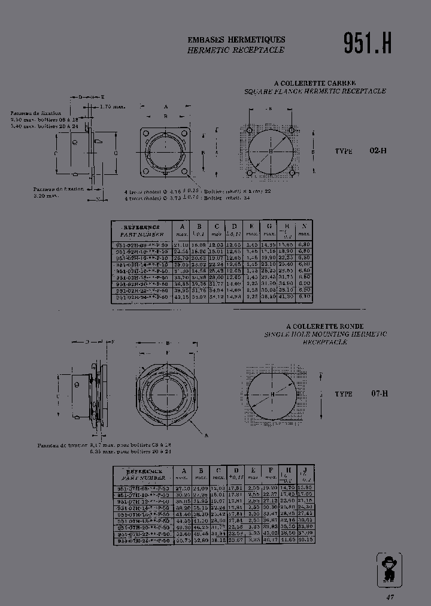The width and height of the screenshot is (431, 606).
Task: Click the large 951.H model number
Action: [367, 43]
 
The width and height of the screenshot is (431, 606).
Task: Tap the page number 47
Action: [390, 597]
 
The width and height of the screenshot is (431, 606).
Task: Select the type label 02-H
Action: [378, 151]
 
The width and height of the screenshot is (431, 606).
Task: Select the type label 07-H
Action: [380, 393]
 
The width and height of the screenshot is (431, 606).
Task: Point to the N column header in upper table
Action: [304, 229]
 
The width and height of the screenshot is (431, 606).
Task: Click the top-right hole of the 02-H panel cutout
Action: [291, 130]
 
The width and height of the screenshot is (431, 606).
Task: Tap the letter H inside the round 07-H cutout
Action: [272, 395]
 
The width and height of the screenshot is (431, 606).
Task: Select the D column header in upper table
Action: [235, 229]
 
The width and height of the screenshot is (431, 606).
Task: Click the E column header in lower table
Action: [253, 474]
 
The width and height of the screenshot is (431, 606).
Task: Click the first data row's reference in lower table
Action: [143, 489]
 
